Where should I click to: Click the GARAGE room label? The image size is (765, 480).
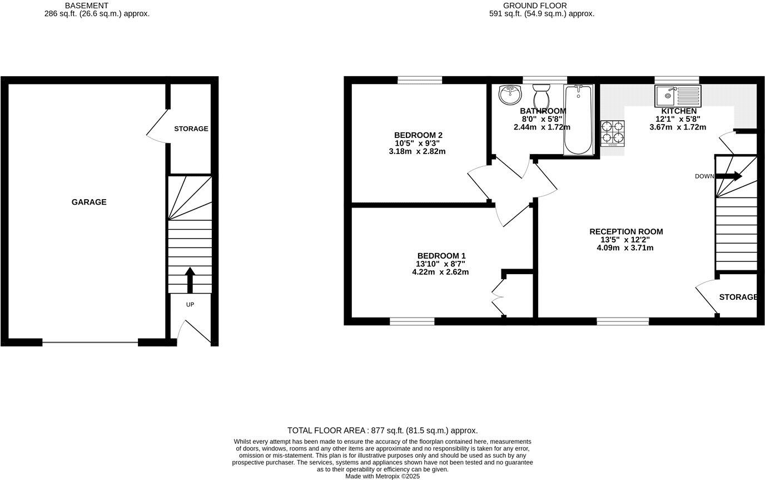pos(89,202)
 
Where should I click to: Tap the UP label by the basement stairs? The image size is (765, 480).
pos(190,305)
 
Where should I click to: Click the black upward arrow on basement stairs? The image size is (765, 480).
pos(190,279)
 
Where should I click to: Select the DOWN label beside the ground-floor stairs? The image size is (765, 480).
pos(704,176)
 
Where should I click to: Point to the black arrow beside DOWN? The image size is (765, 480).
pos(729,176)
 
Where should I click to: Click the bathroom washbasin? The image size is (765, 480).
pos(509,95)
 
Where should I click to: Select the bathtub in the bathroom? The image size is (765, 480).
pos(578,119)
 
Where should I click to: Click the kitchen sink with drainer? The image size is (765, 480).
pos(678,96)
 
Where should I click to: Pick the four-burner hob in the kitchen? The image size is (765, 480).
pos(613,133)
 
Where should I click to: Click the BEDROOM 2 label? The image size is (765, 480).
pos(418,135)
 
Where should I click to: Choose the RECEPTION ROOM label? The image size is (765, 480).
pos(626,231)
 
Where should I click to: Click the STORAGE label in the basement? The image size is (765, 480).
pos(191,128)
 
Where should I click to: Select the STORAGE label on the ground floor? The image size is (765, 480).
pos(738,297)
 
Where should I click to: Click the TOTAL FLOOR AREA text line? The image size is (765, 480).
pos(383,430)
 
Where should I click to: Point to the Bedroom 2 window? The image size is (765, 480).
pos(420,80)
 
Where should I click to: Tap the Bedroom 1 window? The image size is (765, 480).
pos(412,321)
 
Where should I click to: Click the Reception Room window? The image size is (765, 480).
pos(623,321)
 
